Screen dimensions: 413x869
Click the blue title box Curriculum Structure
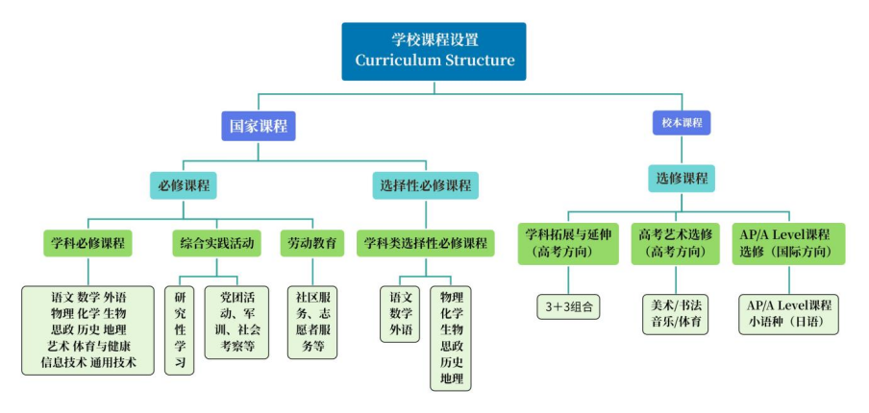(434, 51)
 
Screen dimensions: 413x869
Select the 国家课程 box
(258, 126)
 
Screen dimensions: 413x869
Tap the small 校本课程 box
(682, 124)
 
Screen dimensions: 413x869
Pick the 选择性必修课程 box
(423, 184)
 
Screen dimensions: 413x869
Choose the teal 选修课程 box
(682, 178)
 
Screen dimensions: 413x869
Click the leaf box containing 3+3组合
(568, 307)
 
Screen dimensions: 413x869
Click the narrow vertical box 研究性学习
(180, 329)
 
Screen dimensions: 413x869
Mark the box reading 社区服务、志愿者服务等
(312, 322)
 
